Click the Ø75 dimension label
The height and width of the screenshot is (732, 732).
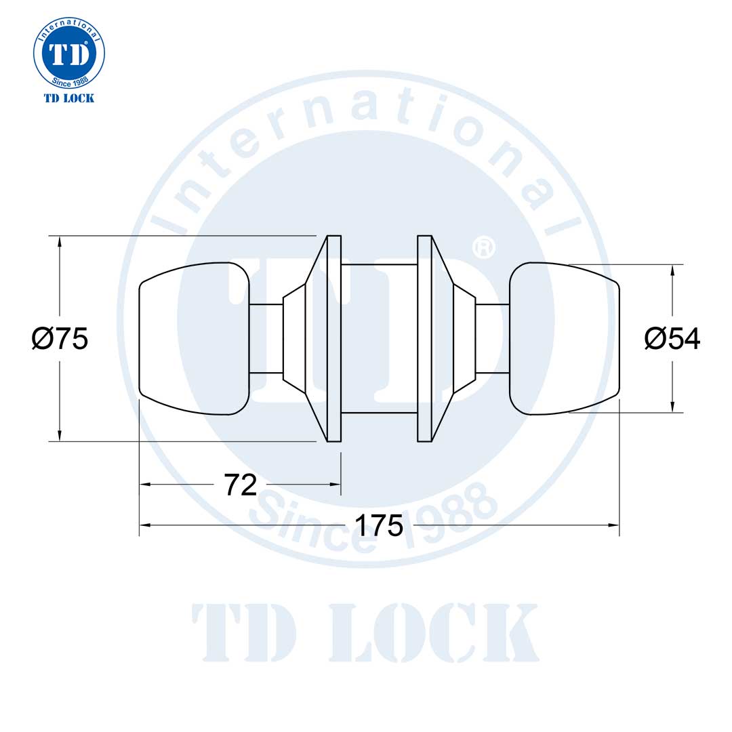60,338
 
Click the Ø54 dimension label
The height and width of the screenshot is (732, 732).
672,338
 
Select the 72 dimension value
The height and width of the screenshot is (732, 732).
241,485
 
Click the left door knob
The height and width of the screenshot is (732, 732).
194,338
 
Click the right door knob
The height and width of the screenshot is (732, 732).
564,338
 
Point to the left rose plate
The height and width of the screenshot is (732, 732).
333,338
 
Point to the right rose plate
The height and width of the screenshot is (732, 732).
424,338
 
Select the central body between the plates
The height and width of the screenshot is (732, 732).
379,338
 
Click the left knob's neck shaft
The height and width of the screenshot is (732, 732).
266,338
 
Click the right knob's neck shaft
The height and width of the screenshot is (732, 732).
492,338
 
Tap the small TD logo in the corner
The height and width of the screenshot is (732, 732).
69,54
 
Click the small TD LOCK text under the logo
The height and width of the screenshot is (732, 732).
69,98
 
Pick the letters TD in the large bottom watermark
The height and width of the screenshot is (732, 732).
244,632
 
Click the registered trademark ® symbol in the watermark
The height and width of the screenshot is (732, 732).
484,247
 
